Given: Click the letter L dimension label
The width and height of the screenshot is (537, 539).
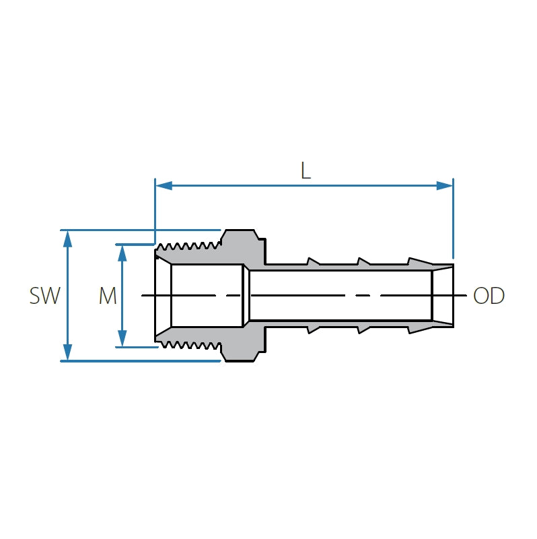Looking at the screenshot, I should (x=306, y=170).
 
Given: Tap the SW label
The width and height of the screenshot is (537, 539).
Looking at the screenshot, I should (x=45, y=296).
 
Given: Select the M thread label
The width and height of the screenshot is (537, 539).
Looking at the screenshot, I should (x=108, y=296).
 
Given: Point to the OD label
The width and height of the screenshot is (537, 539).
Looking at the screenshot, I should (x=489, y=296).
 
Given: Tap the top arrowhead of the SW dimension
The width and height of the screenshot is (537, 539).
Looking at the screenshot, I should (x=67, y=238).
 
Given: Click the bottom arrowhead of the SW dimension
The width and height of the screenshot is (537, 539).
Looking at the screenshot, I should (x=67, y=352).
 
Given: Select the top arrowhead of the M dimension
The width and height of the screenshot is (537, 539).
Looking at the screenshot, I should (x=122, y=252).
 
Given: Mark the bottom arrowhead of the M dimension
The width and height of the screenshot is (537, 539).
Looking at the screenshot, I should (x=122, y=339).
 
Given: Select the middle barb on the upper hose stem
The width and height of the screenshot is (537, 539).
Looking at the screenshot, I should (x=363, y=261).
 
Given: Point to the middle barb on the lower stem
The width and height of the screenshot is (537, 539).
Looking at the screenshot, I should (x=363, y=329).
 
